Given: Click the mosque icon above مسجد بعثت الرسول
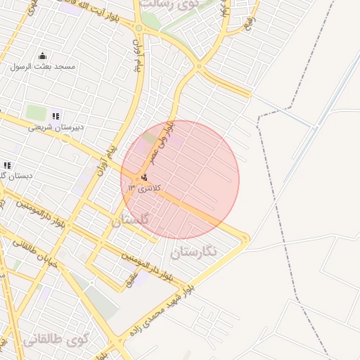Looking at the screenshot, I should coord(42,56).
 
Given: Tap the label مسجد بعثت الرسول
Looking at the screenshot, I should coord(42,67).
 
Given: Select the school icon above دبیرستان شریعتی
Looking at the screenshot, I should coord(56,116).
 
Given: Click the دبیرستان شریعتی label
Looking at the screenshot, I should coord(56,127).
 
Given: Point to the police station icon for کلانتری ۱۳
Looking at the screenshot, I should coord(145,177).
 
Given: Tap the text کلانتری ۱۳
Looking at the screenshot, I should coord(145,188).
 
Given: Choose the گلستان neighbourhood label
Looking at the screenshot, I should coord(130,220).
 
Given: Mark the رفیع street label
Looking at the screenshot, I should coord(247,26).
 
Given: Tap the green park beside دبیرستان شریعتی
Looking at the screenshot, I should coord(35,112).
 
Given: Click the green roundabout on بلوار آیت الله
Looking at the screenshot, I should coord(139,29).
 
